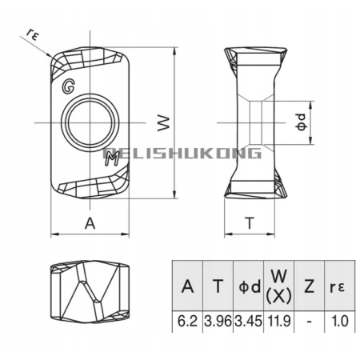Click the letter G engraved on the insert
point(68,86)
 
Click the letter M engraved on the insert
point(112,159)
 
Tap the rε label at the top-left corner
point(32,34)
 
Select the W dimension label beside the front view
point(164,123)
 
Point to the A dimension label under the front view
point(90,223)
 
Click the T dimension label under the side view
point(250,223)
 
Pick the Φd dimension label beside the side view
point(302,122)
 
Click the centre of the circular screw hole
point(90,123)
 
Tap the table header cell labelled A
point(187,286)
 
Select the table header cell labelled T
point(218,286)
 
